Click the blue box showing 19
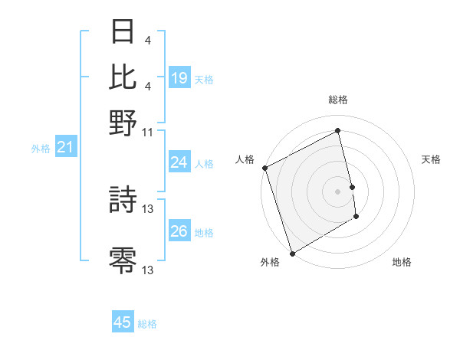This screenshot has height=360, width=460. coord(179,77)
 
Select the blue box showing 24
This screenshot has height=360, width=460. coord(179,162)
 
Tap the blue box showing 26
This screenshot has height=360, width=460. coord(179,231)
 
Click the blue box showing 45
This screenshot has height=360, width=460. coord(123,322)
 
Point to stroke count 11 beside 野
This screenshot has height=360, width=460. coord(148,132)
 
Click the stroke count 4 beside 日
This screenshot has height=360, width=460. coord(147,41)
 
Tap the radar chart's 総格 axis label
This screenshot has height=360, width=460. coord(338,100)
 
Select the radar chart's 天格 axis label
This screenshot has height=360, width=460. coord(432,159)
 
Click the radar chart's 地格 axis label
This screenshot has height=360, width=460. coord(402,262)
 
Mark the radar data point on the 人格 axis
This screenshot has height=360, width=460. coord(264,168)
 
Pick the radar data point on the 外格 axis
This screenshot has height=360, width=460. coord(292,253)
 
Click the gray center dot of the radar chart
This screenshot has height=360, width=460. coord(338,191)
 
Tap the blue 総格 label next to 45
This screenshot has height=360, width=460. coord(147,324)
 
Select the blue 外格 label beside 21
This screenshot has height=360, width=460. coord(40,149)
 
